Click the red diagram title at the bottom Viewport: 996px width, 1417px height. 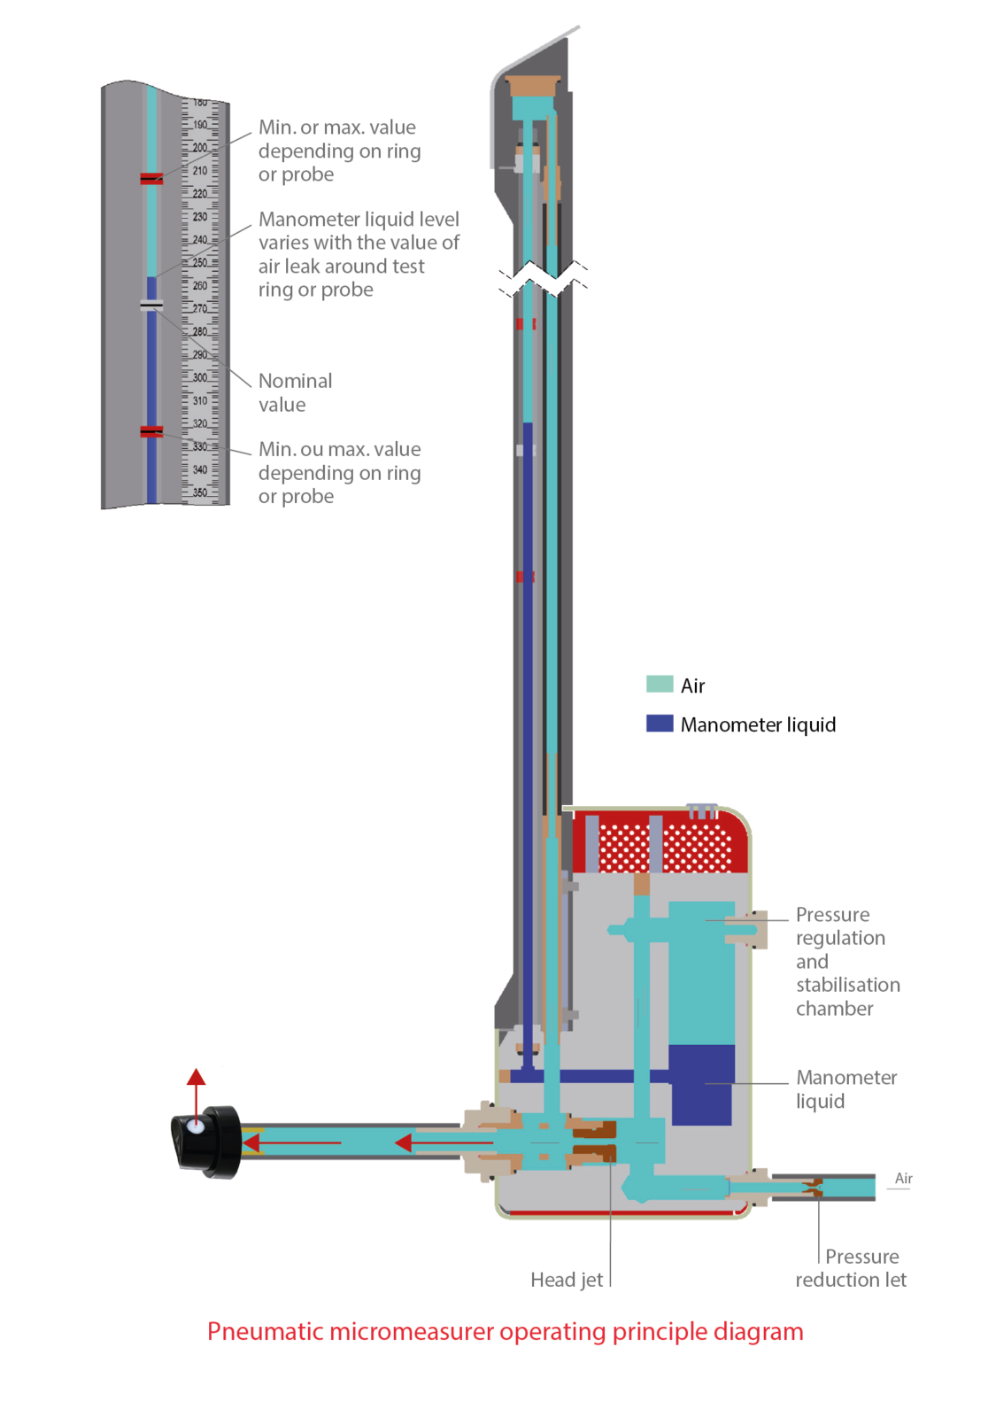pos(505,1331)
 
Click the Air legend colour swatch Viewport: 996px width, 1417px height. pos(660,684)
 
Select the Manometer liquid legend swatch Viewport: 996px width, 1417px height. pos(660,723)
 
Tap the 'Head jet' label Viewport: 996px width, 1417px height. pos(566,1279)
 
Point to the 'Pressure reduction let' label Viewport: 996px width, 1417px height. pos(851,1267)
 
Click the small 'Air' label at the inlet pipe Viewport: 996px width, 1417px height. pos(903,1178)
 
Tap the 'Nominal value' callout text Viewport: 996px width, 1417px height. pos(295,392)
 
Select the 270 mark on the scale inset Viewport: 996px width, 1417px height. pos(200,308)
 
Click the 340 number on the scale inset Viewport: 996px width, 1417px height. pos(200,469)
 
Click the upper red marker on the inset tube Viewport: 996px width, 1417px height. pos(151,179)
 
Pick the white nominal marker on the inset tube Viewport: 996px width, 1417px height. pos(151,306)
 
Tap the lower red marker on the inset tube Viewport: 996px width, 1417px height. pos(151,431)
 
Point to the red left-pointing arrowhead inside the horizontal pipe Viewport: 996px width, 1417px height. pos(403,1142)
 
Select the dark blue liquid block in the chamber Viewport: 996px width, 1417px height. pos(701,1085)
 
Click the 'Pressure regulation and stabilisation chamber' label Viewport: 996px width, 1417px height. pos(845,961)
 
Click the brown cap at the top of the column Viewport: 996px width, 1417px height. pos(534,86)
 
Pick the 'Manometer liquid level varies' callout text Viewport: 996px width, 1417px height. pos(358,254)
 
